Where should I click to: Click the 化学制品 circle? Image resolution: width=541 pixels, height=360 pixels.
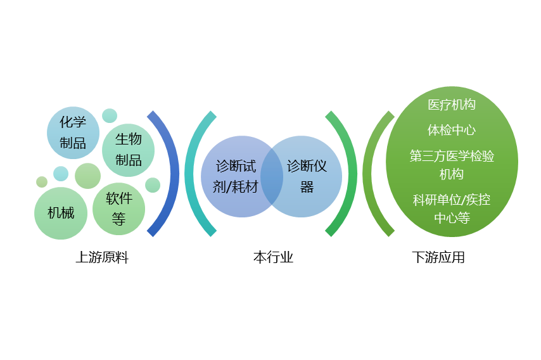73,132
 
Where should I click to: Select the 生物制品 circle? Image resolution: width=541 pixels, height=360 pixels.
129,150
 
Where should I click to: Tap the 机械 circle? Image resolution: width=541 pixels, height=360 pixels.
61,213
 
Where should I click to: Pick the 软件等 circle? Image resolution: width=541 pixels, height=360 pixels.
119,209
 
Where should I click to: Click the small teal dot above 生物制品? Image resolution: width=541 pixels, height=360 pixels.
110,115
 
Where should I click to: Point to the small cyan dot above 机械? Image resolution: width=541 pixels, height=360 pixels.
61,173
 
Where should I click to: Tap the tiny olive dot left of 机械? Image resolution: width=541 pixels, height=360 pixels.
42,182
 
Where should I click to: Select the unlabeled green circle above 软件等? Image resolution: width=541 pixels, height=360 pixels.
87,176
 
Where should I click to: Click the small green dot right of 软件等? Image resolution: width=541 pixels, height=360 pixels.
153,185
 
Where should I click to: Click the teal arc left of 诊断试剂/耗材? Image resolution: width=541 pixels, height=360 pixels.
192,174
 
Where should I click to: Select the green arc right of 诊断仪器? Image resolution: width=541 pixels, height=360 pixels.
347,174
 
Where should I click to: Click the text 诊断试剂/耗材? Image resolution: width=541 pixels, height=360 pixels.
236,176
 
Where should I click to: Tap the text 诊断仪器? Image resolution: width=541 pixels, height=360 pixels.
307,176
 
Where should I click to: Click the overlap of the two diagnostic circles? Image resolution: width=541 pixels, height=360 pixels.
272,176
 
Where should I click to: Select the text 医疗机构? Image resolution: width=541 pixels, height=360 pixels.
451,105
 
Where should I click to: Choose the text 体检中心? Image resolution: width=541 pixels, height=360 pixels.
451,130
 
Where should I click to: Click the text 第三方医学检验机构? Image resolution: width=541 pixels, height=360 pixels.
451,165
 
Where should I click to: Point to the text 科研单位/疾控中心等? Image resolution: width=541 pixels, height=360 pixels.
451,209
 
